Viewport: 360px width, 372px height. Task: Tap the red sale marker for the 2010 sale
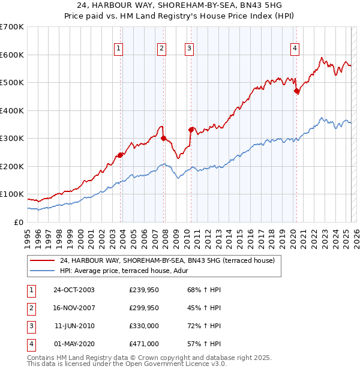point(191,130)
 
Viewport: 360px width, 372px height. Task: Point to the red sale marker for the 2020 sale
point(296,91)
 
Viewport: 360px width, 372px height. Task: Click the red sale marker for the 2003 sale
point(121,155)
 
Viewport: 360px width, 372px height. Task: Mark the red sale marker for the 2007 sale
point(163,139)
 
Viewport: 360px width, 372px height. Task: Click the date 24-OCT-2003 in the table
point(74,290)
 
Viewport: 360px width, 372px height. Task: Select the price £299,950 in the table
point(144,308)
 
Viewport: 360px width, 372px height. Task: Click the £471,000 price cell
point(144,344)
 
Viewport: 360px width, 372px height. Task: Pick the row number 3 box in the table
point(29,326)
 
